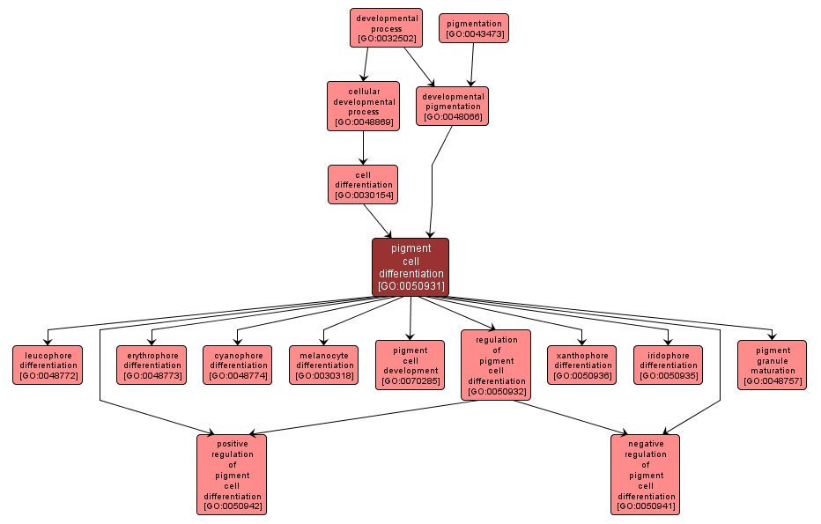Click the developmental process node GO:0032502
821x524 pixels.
click(x=386, y=27)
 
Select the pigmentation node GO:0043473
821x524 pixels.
click(x=474, y=28)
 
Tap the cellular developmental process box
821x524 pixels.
click(x=363, y=106)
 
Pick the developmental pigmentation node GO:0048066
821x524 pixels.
click(x=452, y=106)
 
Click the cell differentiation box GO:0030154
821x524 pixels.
click(x=363, y=184)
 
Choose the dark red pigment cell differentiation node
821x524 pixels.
click(x=410, y=267)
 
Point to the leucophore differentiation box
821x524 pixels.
click(x=48, y=365)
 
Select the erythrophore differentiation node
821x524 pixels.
click(x=152, y=365)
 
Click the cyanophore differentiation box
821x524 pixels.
click(x=238, y=365)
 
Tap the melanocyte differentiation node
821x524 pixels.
click(x=323, y=365)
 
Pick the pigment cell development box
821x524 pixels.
click(x=410, y=365)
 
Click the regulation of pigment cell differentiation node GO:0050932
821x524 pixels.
click(x=496, y=365)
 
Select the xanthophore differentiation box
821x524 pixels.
click(x=582, y=365)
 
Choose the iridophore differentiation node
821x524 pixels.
click(x=668, y=365)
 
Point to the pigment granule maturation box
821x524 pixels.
click(x=772, y=365)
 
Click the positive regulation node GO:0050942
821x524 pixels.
click(x=232, y=475)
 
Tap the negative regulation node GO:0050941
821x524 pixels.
click(x=645, y=475)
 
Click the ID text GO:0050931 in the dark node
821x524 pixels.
click(x=410, y=285)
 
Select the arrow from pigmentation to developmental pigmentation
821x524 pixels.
click(x=472, y=64)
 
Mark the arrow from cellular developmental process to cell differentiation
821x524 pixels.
click(x=363, y=147)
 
